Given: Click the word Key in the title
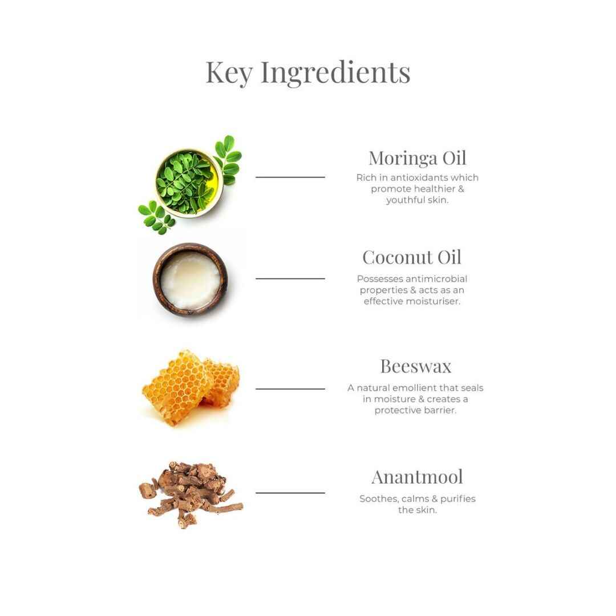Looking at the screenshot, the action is [229, 72].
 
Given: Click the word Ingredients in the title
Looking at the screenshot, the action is [335, 72].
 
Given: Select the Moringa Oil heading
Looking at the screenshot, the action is [417, 159].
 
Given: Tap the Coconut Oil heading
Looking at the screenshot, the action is [412, 257].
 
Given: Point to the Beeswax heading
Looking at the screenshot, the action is [416, 366].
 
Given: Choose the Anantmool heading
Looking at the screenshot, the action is [417, 477].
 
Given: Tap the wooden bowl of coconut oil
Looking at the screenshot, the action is [190, 279].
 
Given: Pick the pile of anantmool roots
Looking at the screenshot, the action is [191, 495].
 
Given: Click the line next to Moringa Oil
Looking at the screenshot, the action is [290, 177].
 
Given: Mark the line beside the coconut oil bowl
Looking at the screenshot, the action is [290, 278].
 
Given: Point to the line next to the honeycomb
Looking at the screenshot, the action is [290, 389].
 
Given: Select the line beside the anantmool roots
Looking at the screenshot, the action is [290, 493].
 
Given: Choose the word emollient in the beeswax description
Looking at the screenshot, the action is [415, 388].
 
